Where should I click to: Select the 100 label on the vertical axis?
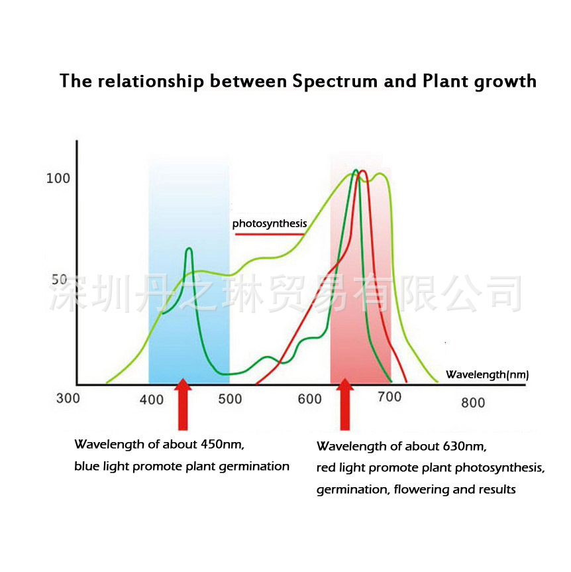58,178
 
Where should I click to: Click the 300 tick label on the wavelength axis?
68,398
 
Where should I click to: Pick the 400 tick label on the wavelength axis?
152,399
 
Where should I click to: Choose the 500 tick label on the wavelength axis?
231,399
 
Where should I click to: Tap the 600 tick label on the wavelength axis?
309,399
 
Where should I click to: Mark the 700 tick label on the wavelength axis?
389,398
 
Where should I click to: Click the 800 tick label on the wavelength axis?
473,402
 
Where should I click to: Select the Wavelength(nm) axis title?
487,374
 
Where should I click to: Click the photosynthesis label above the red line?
270,224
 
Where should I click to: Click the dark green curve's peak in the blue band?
189,249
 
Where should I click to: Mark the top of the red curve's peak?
362,172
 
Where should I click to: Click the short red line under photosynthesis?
270,234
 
